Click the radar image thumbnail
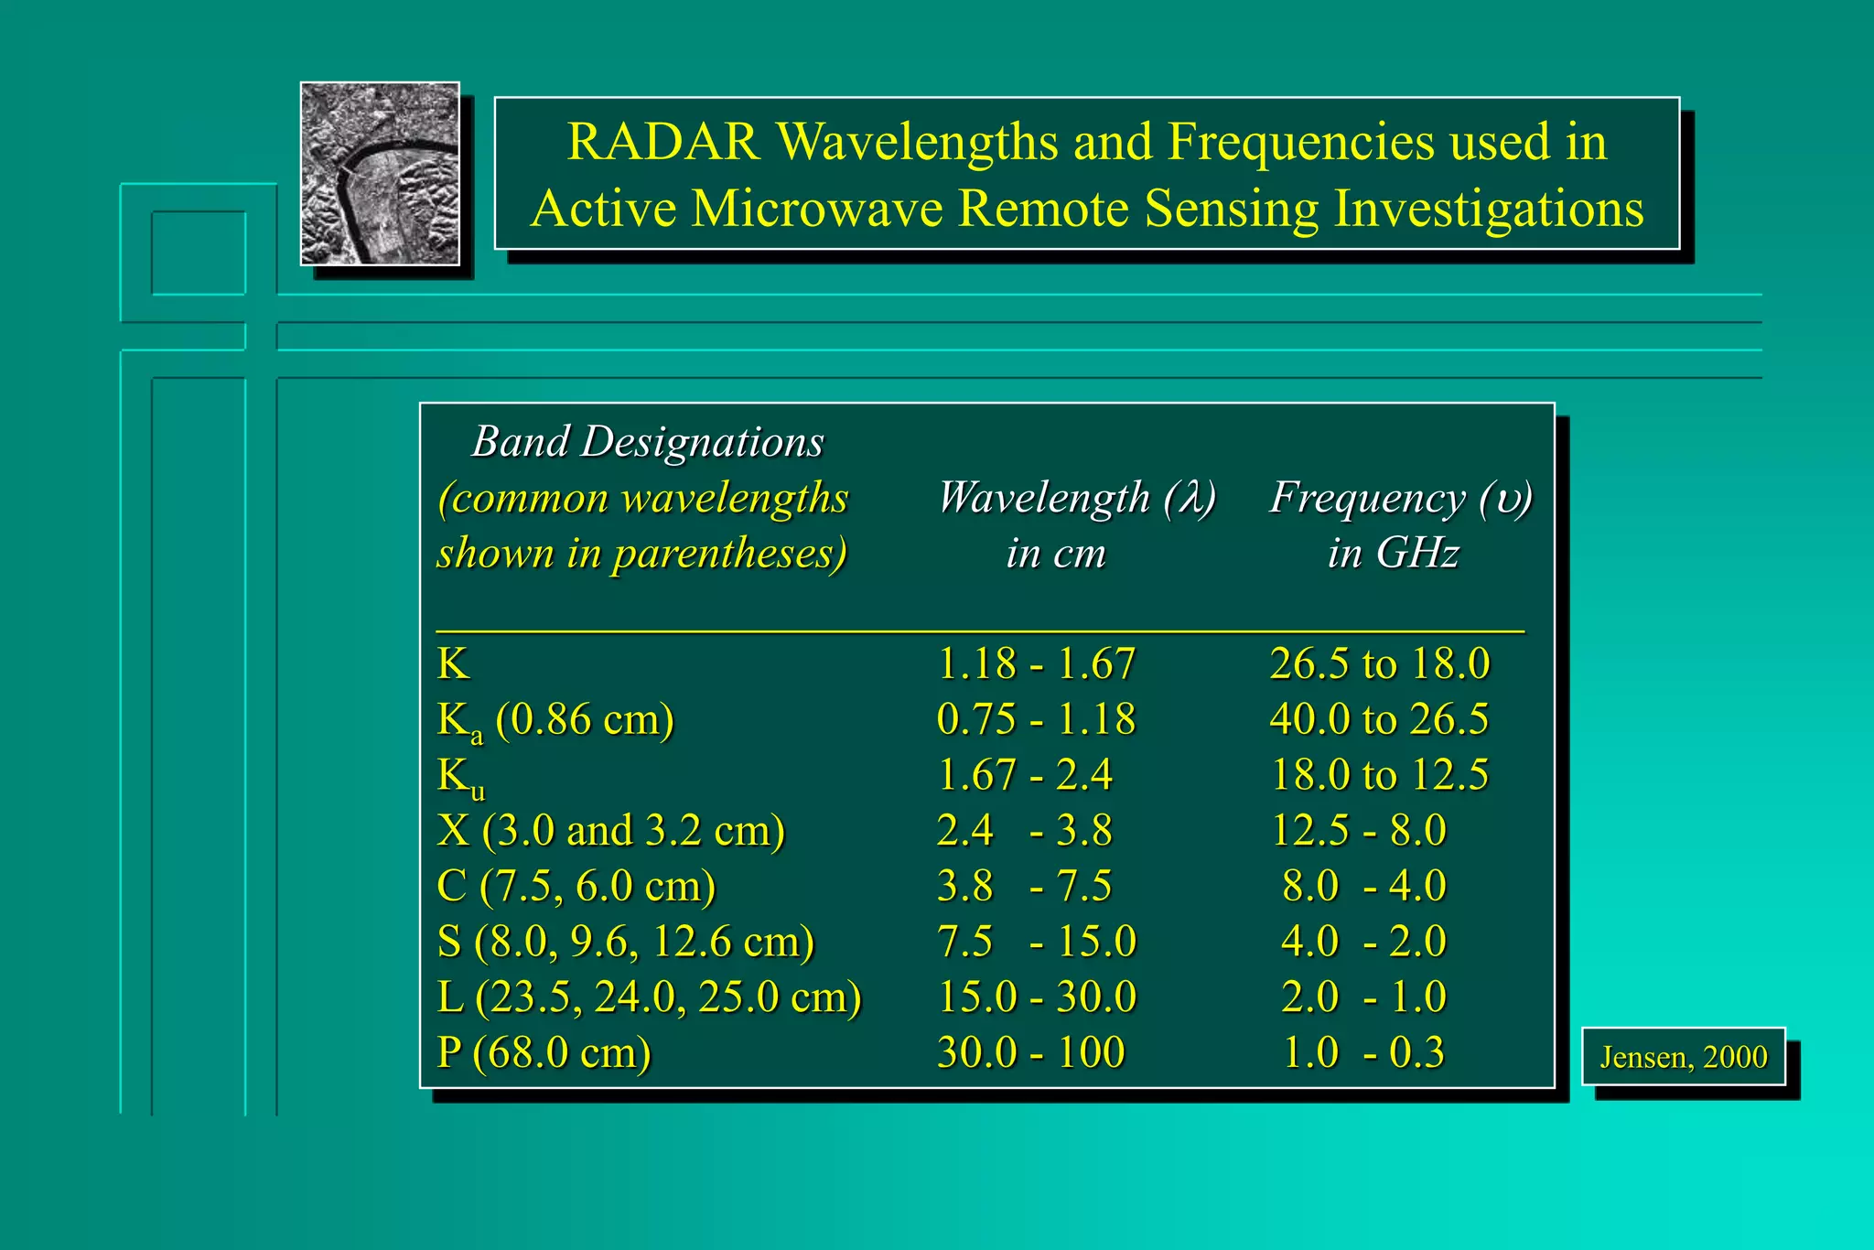380,174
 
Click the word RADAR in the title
663,142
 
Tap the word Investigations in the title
1489,209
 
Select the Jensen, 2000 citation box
1683,1057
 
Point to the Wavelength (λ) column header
1076,499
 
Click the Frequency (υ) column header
1400,499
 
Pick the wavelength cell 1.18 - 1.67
1036,663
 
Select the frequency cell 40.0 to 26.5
1379,719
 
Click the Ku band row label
460,777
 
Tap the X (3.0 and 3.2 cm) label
610,831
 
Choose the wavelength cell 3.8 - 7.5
1024,886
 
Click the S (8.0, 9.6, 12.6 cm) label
625,942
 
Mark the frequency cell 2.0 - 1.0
1363,997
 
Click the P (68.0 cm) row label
544,1052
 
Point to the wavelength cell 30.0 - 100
1030,1052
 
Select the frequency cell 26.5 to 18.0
1379,663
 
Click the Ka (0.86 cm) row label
555,720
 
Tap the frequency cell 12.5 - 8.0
1359,831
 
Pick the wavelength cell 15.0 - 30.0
1036,997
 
